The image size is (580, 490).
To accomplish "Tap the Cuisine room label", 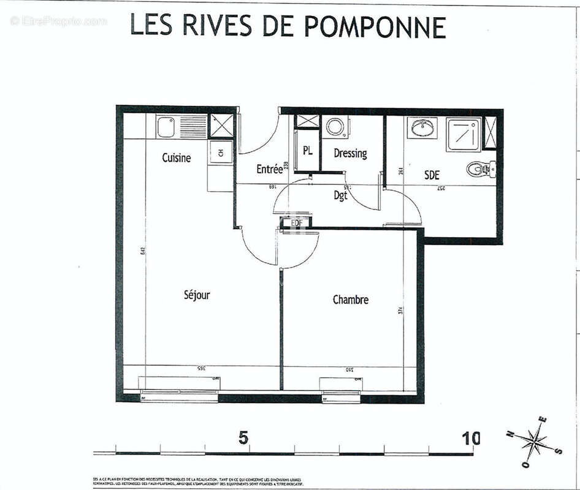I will pyautogui.click(x=177, y=158).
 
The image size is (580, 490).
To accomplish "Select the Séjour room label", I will pyautogui.click(x=197, y=295).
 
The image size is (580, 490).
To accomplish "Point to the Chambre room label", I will pyautogui.click(x=351, y=300).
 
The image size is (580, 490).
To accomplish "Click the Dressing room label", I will pyautogui.click(x=350, y=153).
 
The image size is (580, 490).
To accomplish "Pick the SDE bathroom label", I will pyautogui.click(x=432, y=175).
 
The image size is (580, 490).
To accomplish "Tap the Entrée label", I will pyautogui.click(x=269, y=169).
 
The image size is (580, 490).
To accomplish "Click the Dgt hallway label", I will pyautogui.click(x=340, y=195).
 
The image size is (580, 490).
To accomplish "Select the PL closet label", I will pyautogui.click(x=307, y=150).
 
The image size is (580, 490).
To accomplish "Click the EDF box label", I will pyautogui.click(x=297, y=222).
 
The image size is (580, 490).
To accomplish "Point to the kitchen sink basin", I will pyautogui.click(x=166, y=127).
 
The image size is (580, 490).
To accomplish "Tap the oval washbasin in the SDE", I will pyautogui.click(x=422, y=129).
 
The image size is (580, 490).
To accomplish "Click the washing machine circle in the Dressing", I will pyautogui.click(x=336, y=127).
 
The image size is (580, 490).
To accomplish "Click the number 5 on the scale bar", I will pyautogui.click(x=244, y=439).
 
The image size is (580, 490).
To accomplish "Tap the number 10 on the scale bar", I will pyautogui.click(x=471, y=439).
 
